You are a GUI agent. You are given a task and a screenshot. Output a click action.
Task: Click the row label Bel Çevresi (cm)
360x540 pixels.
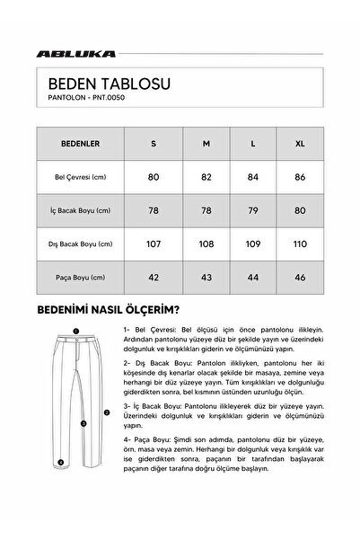point(80,177)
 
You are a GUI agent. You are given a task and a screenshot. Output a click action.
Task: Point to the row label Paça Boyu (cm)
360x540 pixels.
point(80,277)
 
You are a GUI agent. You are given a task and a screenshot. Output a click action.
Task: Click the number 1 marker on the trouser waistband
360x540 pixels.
point(76,332)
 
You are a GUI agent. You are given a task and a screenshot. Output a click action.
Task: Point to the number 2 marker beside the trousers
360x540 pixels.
point(107,412)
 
